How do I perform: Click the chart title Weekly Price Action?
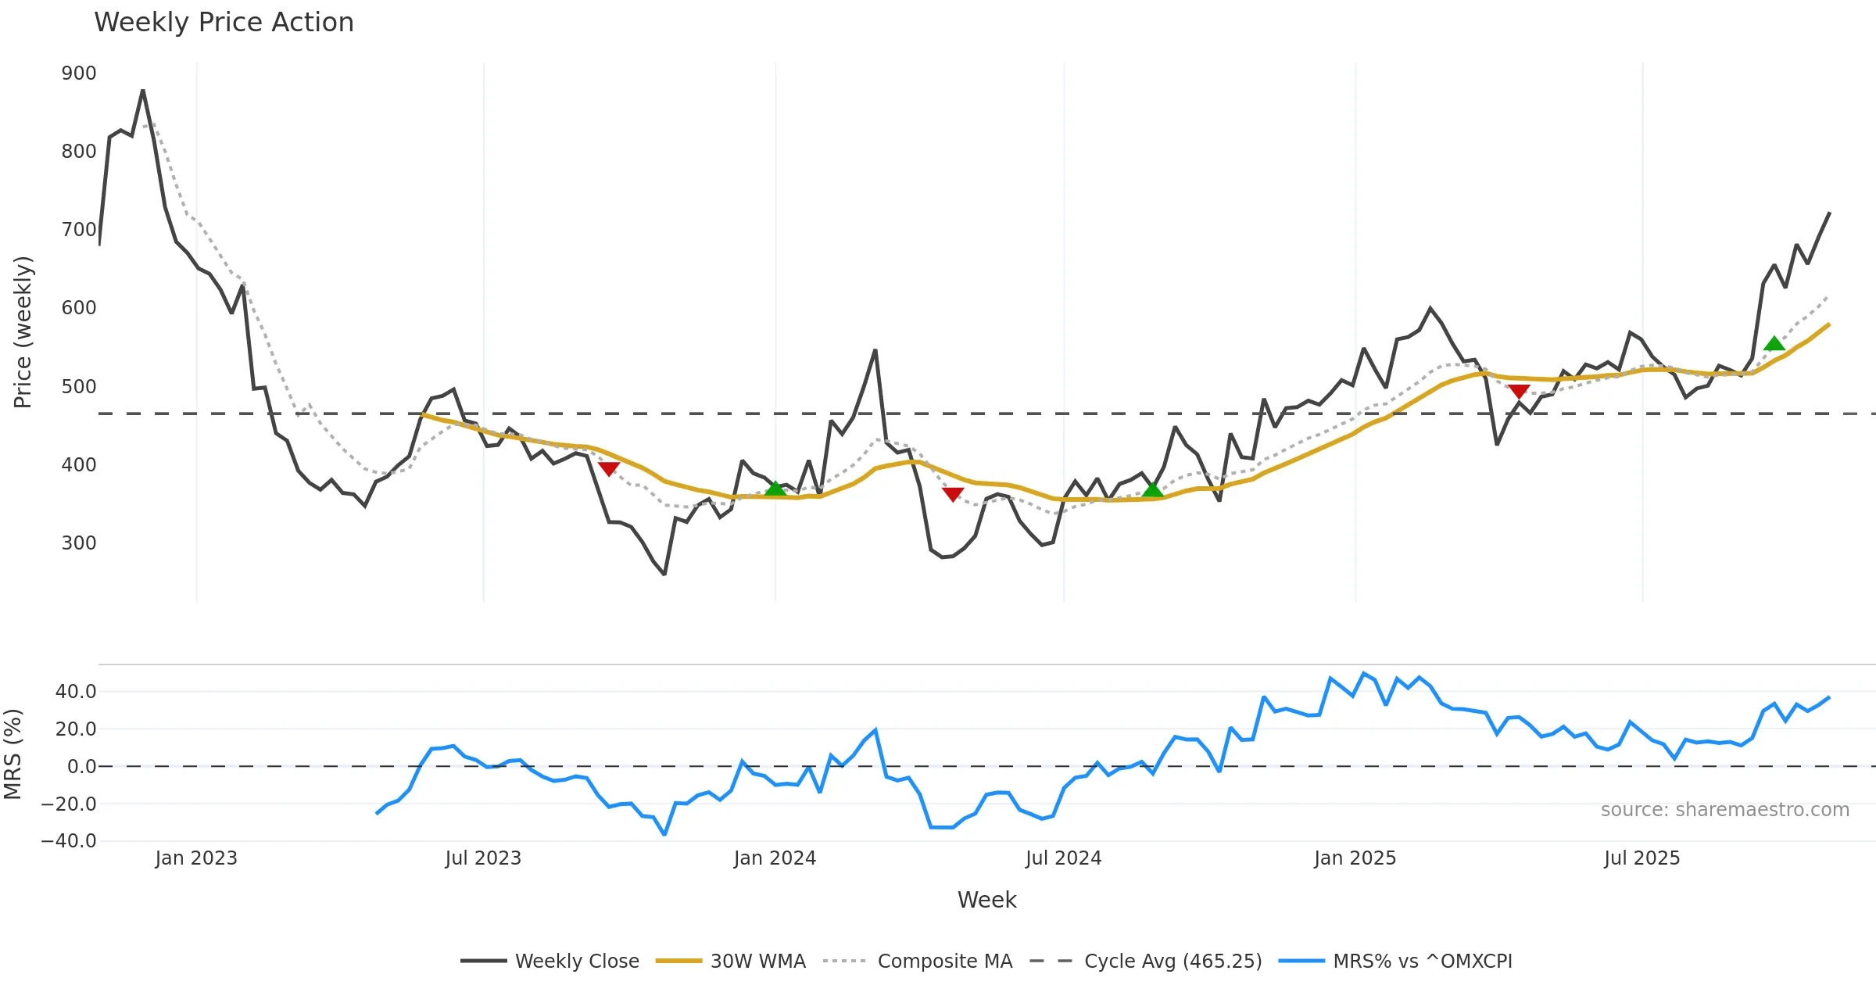[224, 23]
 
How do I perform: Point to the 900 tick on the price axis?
[79, 73]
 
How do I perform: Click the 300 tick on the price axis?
[79, 543]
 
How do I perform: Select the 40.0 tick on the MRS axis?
[76, 691]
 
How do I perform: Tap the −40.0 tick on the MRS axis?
[70, 841]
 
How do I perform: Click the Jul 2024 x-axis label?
[1063, 858]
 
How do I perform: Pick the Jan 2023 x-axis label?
[196, 858]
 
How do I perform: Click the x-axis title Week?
[986, 901]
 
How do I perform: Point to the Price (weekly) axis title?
[23, 332]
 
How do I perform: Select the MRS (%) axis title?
[13, 754]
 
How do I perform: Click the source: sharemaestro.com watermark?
[1724, 810]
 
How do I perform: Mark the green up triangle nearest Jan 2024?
[775, 489]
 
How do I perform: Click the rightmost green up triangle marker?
[1774, 343]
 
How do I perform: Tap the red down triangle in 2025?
[1519, 391]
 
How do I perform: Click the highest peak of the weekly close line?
[143, 91]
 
